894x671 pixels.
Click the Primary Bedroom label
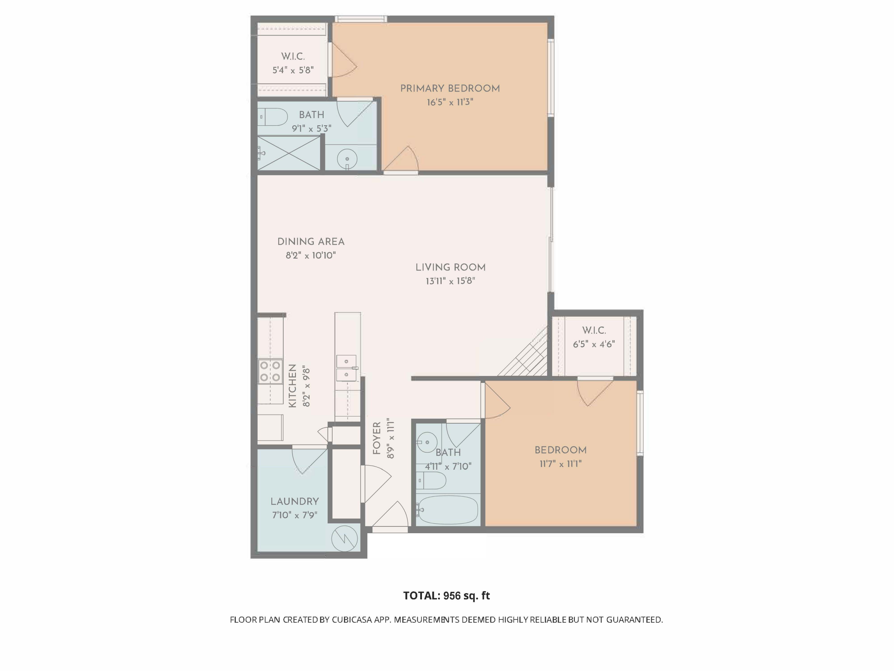450,89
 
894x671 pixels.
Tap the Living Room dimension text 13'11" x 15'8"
450,281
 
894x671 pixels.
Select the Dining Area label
311,242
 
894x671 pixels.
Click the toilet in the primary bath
272,117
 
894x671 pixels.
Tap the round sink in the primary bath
346,158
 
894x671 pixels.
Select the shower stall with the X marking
288,153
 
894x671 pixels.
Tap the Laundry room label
295,502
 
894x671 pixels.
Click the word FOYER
377,438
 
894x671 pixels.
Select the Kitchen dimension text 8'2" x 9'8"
306,387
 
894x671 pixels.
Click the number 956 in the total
452,596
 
